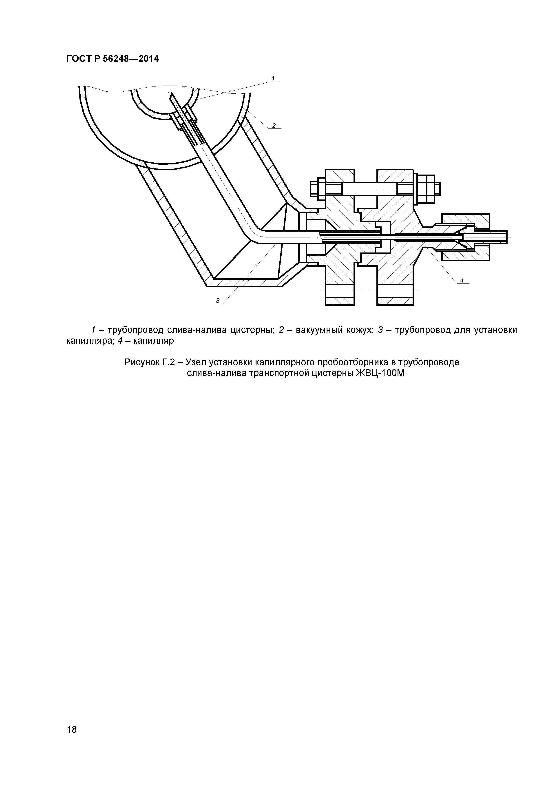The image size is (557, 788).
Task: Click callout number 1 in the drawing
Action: point(273,79)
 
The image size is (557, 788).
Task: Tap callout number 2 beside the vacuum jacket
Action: point(274,126)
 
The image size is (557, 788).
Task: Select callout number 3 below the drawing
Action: point(218,301)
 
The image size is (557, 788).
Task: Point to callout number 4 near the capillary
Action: point(462,280)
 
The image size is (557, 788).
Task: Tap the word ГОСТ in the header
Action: point(79,59)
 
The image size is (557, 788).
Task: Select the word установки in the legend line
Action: point(495,330)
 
